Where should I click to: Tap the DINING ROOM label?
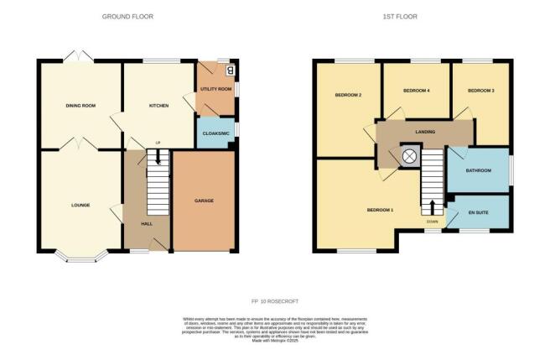tap(80, 107)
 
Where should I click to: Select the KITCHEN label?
tap(159, 107)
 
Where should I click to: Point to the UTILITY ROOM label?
tap(215, 88)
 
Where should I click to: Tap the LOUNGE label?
tap(80, 205)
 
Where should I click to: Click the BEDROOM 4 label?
tap(417, 90)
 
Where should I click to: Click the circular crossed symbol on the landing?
tap(411, 156)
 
